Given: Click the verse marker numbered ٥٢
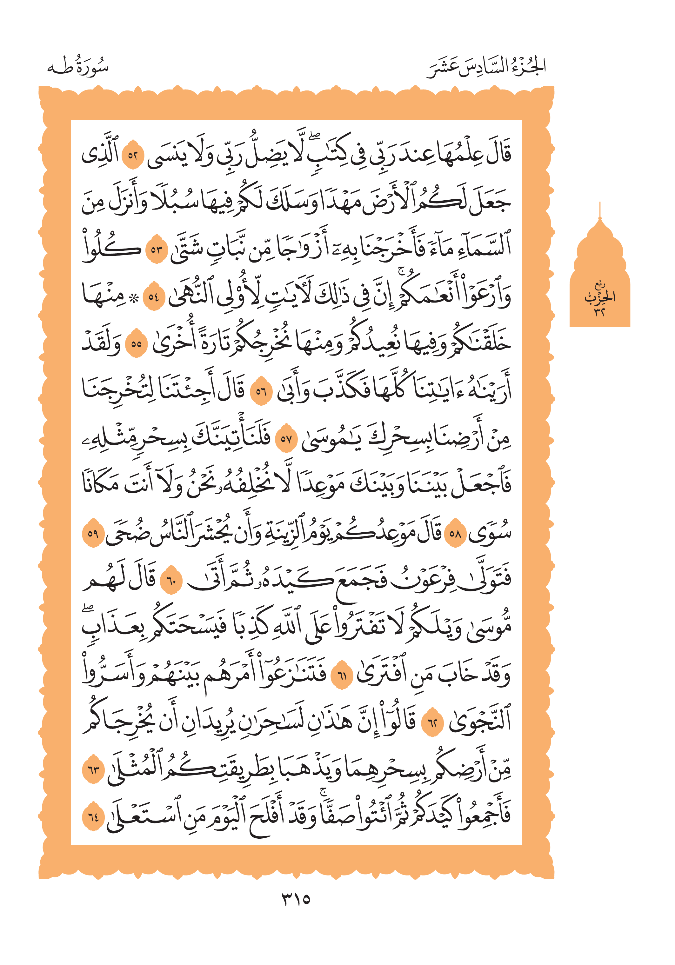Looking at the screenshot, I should [133, 156].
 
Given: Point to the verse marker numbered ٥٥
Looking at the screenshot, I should [136, 344].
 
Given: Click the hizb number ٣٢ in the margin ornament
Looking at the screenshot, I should [599, 312].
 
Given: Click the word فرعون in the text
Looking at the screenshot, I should [425, 581].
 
